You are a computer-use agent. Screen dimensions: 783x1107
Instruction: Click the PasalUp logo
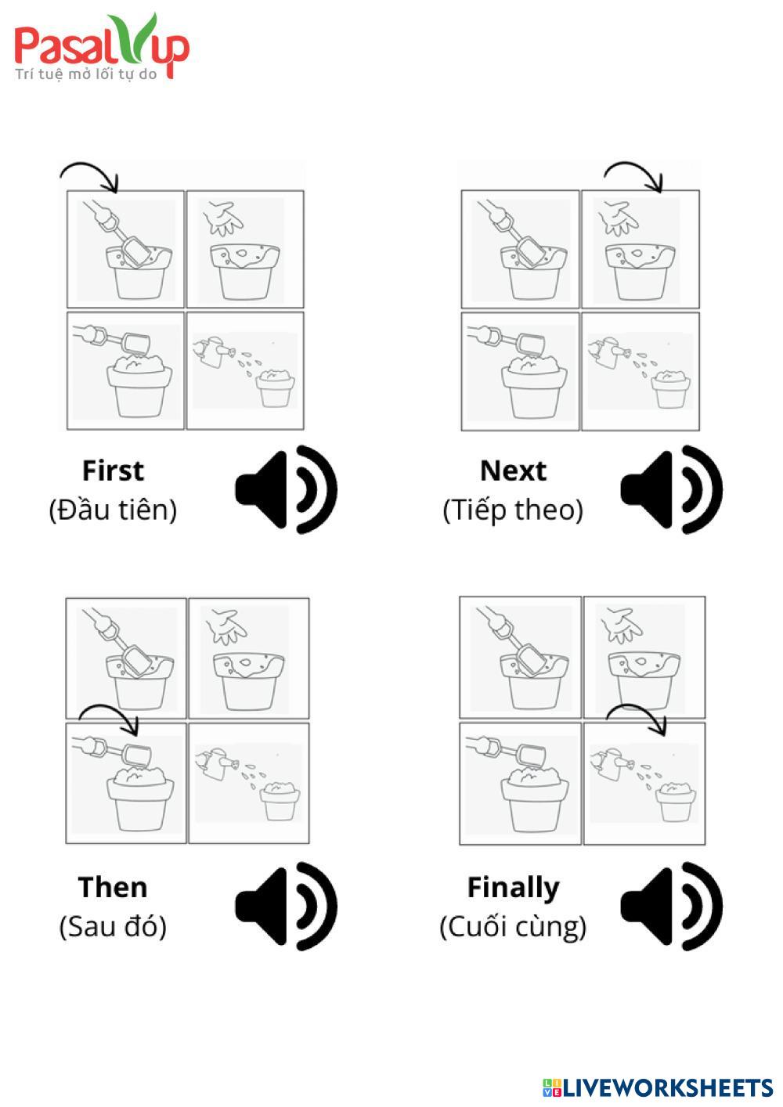[101, 46]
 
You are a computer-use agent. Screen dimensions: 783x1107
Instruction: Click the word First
[114, 471]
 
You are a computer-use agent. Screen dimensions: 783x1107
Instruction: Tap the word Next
[513, 471]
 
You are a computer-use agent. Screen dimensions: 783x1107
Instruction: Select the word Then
[113, 887]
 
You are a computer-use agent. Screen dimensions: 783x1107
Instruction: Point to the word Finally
[513, 889]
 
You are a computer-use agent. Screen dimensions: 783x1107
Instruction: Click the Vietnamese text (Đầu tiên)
[113, 510]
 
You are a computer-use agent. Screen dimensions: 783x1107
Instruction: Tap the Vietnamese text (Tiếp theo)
[513, 510]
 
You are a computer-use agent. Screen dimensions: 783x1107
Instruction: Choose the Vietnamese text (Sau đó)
[113, 926]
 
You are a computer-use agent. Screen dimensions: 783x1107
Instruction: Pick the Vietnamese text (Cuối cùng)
[513, 928]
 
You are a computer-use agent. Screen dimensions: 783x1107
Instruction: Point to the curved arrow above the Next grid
[633, 163]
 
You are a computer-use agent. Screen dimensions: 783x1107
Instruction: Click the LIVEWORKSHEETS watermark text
[658, 1087]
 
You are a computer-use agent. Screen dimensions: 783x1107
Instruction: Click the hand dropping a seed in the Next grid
[618, 218]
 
